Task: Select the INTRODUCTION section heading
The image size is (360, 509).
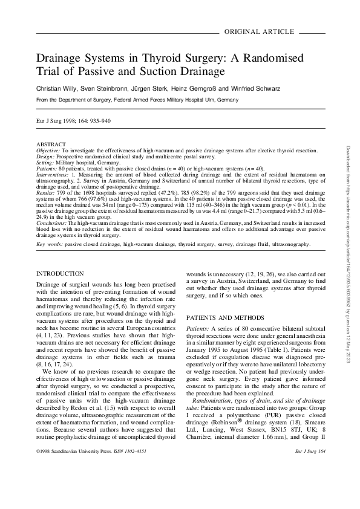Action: [60, 274]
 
